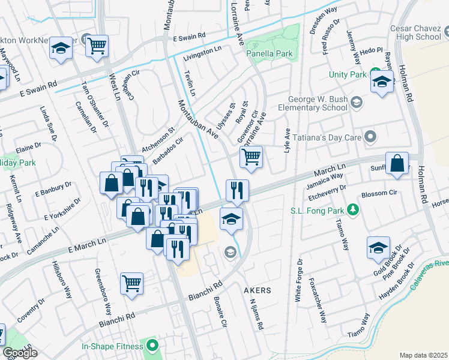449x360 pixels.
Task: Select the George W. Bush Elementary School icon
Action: click(358, 103)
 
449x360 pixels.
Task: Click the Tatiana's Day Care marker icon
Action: click(371, 137)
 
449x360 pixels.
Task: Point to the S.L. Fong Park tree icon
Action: click(354, 209)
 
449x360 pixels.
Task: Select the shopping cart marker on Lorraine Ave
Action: click(252, 157)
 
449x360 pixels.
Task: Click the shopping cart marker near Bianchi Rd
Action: click(131, 283)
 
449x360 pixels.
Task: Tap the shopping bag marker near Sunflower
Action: click(397, 164)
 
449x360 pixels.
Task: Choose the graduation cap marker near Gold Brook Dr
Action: click(379, 247)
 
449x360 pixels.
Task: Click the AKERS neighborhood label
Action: click(257, 290)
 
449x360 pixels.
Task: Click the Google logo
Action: click(20, 353)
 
